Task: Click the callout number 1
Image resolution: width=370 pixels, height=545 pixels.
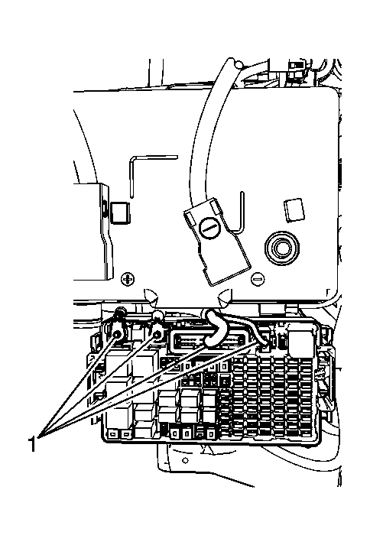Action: pos(32,444)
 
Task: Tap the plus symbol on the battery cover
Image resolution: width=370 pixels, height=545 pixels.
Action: pos(128,279)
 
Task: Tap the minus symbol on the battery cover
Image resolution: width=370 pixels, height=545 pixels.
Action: pos(258,278)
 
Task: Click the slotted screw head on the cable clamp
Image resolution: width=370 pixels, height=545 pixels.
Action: pos(209,229)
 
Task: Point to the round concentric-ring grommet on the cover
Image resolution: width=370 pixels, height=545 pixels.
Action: pos(281,248)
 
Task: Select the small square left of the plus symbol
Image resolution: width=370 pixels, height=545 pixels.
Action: pos(120,212)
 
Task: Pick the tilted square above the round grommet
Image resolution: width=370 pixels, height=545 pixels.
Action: pos(294,209)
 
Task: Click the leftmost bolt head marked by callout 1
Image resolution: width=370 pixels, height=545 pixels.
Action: pos(117,334)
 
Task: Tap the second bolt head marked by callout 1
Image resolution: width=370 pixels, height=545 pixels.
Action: pos(157,335)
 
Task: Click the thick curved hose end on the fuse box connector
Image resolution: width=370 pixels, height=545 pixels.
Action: pos(215,329)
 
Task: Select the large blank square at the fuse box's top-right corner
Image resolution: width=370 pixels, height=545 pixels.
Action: pos(301,342)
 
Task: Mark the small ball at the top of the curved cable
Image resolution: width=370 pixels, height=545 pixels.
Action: pos(239,64)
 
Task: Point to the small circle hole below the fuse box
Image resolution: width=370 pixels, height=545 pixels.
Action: pos(185,460)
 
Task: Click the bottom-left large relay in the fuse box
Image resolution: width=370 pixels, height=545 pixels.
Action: pos(118,415)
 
